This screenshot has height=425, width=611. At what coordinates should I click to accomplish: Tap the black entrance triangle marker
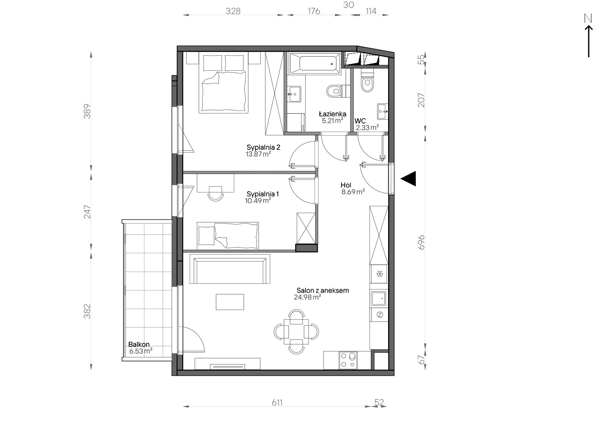click(x=408, y=179)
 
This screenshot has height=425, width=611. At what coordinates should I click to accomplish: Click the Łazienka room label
click(x=333, y=114)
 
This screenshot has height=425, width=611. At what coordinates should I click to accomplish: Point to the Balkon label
click(x=139, y=344)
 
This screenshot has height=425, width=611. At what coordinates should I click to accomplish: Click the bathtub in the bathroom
click(x=315, y=63)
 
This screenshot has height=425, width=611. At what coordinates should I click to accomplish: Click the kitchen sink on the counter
click(x=379, y=298)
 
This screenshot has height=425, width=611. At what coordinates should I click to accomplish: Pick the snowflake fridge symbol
click(x=379, y=274)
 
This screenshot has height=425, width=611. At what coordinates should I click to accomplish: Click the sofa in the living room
click(x=230, y=269)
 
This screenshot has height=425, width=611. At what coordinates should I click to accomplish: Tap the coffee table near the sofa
click(x=230, y=302)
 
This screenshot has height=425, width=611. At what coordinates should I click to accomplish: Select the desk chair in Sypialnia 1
click(x=215, y=193)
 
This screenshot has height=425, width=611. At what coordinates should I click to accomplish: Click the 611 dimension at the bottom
click(x=277, y=403)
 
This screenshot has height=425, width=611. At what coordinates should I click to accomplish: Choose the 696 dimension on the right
click(x=421, y=242)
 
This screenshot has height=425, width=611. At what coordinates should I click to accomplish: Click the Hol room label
click(x=346, y=185)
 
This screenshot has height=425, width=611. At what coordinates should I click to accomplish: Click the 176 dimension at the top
click(x=314, y=11)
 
